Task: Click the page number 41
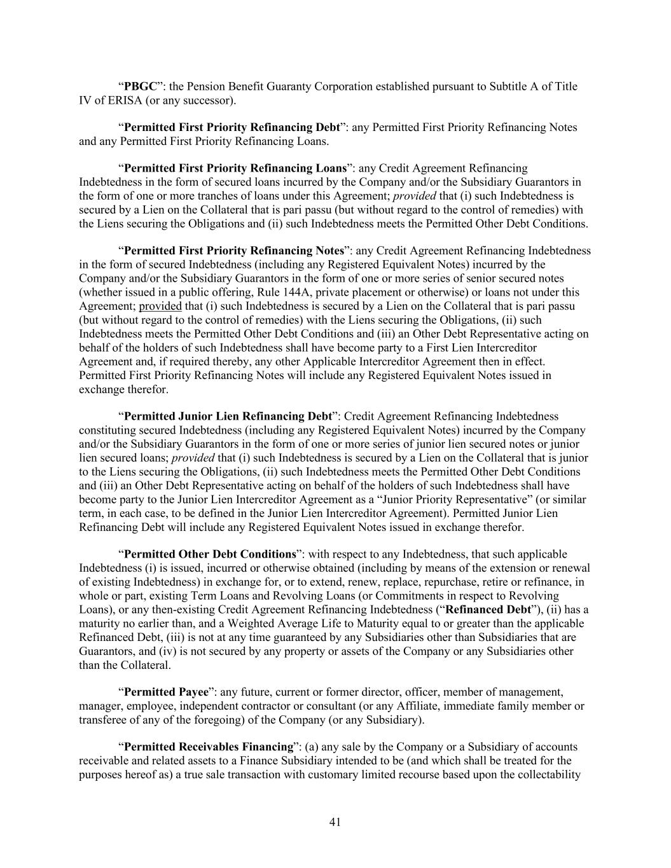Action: (x=335, y=822)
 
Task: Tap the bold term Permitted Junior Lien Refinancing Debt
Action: (x=228, y=417)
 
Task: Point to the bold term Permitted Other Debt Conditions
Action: (x=210, y=555)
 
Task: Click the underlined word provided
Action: (x=160, y=306)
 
